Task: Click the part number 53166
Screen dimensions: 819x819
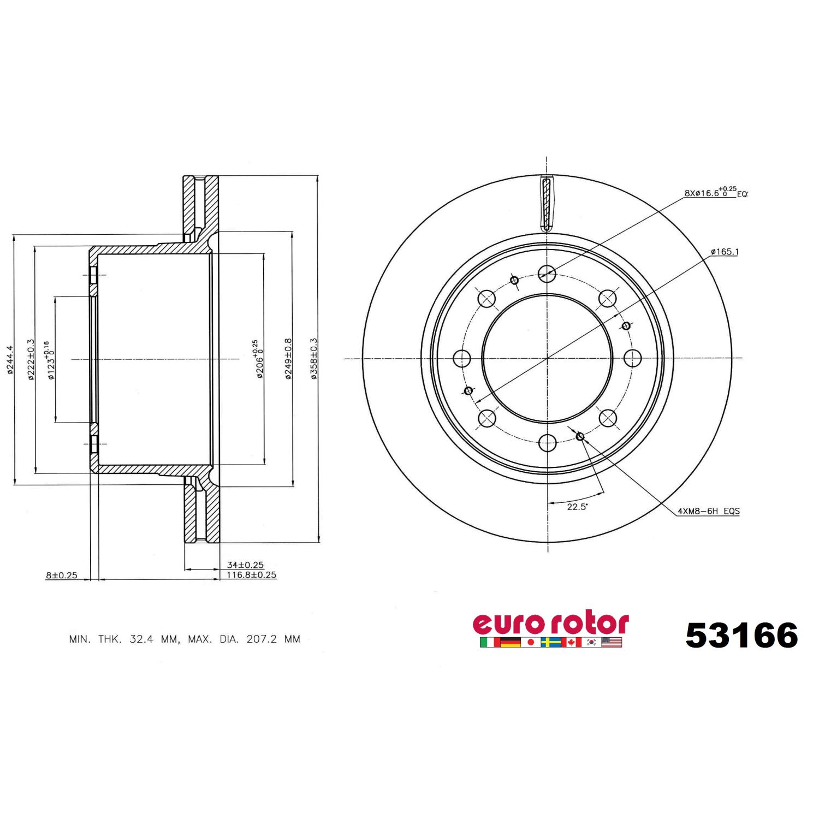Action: (741, 636)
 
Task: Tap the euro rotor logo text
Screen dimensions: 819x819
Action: (550, 624)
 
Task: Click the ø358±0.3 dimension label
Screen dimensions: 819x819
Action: (314, 359)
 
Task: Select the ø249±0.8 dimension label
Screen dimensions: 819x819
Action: (288, 359)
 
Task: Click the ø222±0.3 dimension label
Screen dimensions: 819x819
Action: (31, 359)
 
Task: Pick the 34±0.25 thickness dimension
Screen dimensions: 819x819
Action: (245, 565)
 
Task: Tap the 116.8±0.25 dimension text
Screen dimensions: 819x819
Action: (252, 575)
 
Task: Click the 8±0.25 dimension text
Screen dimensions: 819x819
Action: (62, 575)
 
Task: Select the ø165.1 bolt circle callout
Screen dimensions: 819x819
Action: (725, 252)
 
